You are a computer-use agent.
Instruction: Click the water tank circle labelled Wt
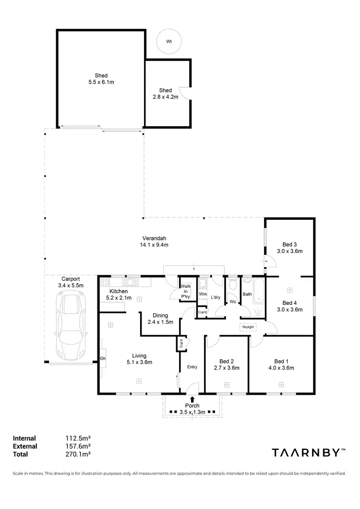pos(169,42)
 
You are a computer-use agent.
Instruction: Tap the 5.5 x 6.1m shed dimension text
pos(101,83)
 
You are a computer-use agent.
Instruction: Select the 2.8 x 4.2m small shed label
pos(166,97)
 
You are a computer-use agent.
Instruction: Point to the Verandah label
pos(154,238)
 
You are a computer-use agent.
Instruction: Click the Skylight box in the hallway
pos(249,327)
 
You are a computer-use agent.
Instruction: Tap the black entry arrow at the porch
pos(192,399)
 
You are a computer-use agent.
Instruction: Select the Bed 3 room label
pos(289,244)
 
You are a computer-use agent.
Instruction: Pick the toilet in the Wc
pos(233,285)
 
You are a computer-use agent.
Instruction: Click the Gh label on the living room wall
pos(103,358)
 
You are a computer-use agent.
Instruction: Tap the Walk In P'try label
pos(185,292)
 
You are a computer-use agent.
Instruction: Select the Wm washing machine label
pos(203,294)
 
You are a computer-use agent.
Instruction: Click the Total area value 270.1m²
pos(78,454)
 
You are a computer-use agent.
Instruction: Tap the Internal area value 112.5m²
pos(78,438)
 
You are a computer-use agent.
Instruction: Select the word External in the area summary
pos(25,446)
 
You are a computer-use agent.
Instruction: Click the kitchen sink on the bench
pos(130,282)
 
